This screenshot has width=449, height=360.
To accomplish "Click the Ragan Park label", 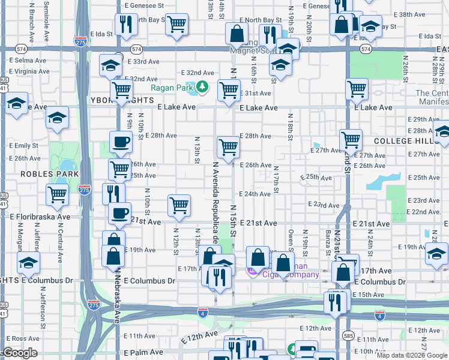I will pyautogui.click(x=172, y=88).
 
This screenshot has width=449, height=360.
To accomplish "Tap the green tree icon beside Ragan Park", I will pyautogui.click(x=202, y=88).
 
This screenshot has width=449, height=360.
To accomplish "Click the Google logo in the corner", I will pyautogui.click(x=20, y=353).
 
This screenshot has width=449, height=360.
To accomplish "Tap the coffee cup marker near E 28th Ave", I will pyautogui.click(x=121, y=143).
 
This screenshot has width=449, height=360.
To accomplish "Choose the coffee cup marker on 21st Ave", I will pyautogui.click(x=119, y=214).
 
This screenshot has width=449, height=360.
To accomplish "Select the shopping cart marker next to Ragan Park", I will pyautogui.click(x=229, y=91).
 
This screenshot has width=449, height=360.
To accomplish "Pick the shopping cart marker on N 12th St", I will pyautogui.click(x=179, y=206).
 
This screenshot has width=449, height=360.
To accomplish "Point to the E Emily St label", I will pyautogui.click(x=23, y=146).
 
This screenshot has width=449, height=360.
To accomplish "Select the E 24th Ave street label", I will pyautogui.click(x=255, y=194).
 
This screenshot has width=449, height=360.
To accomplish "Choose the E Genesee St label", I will pyautogui.click(x=145, y=5).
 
